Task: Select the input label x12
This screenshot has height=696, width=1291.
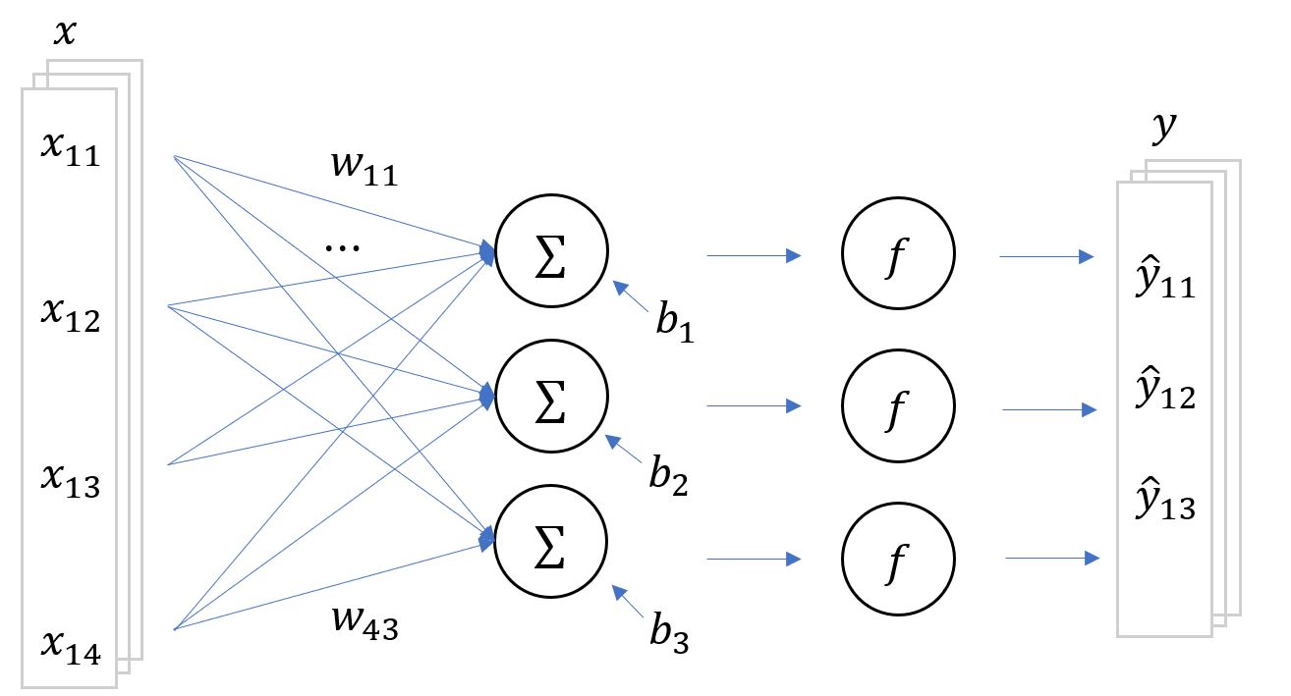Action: (70, 316)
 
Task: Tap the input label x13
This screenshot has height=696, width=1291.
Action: (70, 481)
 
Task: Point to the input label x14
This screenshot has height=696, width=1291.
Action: (70, 646)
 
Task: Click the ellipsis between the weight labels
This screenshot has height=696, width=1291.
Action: (342, 245)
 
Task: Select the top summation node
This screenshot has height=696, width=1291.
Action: (552, 255)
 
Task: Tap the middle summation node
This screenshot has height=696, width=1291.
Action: (552, 404)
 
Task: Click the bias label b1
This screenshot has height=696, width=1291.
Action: (675, 324)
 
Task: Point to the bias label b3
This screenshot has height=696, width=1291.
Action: (668, 634)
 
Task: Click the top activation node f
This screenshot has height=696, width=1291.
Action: (898, 255)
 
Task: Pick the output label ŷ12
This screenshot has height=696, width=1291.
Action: (1164, 394)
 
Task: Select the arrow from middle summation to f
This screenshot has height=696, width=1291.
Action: (755, 404)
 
